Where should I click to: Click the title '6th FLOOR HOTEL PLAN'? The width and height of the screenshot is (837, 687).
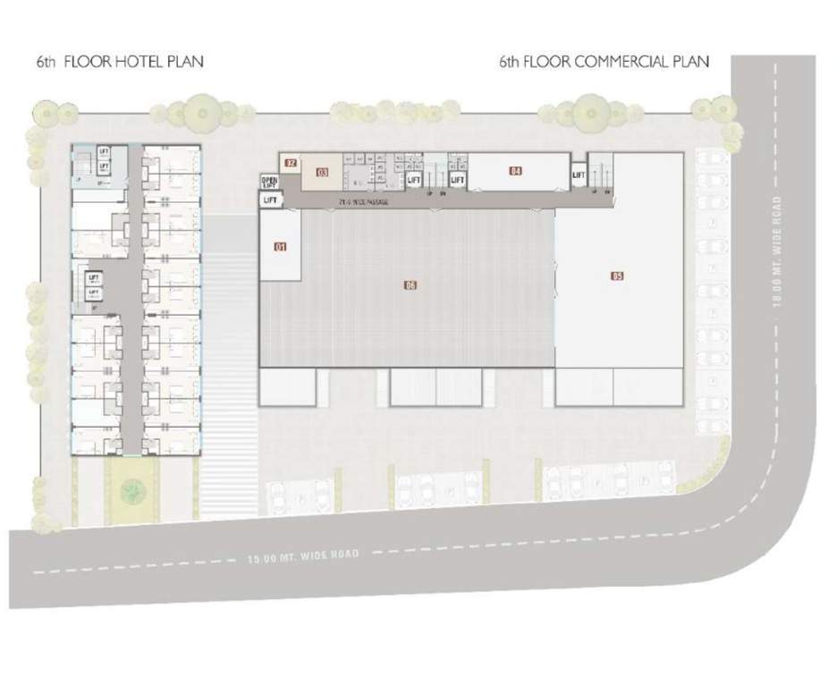point(120,62)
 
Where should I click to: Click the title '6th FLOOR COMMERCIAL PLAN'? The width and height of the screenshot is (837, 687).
point(604,62)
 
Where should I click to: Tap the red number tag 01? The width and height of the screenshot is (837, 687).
point(280,247)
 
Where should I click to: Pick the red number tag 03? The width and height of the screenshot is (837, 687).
point(322,171)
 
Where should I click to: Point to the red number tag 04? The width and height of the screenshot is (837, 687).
point(515,171)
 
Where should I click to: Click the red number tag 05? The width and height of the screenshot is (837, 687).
point(617,276)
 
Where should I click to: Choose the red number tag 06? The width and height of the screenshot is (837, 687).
point(410,286)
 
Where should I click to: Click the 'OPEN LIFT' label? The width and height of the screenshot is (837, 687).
point(269,182)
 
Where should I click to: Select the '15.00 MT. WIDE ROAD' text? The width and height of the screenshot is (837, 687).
point(303,557)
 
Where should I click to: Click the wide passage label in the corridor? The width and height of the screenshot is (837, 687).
point(364,203)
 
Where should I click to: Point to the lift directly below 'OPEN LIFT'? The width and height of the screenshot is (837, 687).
point(271,200)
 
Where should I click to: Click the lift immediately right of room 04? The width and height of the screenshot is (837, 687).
point(579,175)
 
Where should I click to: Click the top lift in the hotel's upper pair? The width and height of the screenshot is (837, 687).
point(104,152)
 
